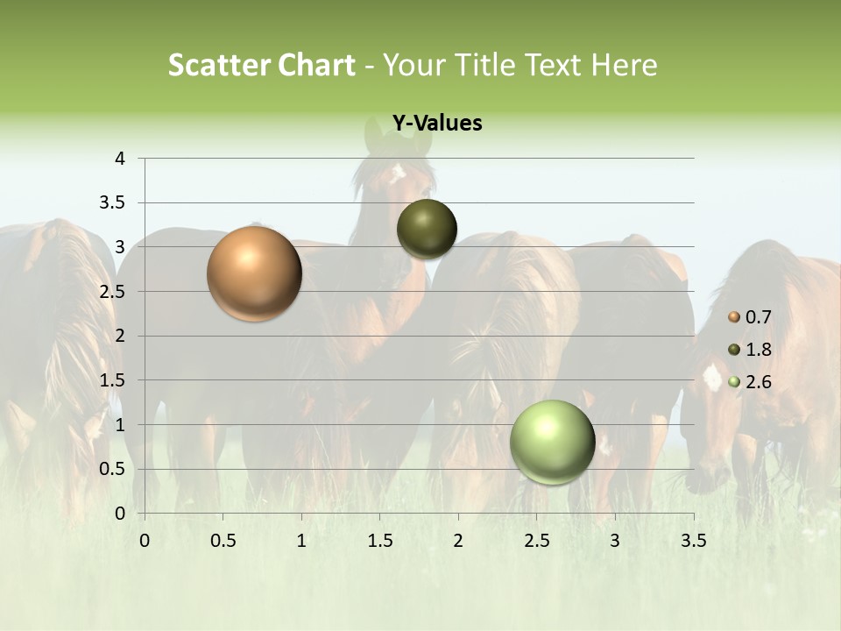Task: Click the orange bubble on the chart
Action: [254, 273]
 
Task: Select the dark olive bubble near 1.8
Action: [427, 229]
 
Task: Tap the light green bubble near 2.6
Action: [552, 442]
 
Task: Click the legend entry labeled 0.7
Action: [750, 317]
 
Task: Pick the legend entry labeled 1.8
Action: [750, 350]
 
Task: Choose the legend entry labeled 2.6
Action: [750, 382]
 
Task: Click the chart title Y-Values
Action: [437, 124]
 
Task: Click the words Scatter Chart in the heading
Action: [261, 65]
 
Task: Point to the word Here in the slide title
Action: [624, 65]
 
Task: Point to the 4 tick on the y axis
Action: [120, 159]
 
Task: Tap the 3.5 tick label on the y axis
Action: [113, 203]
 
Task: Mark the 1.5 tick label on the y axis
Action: [113, 380]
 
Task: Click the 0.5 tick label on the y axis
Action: [113, 469]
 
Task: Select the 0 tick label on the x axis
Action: [145, 541]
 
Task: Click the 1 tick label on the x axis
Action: [301, 541]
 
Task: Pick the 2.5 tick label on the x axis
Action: [536, 541]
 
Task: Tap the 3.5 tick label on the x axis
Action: [693, 541]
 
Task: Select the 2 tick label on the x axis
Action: [458, 541]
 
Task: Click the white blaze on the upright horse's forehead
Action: [399, 169]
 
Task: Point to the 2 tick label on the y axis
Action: [120, 336]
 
